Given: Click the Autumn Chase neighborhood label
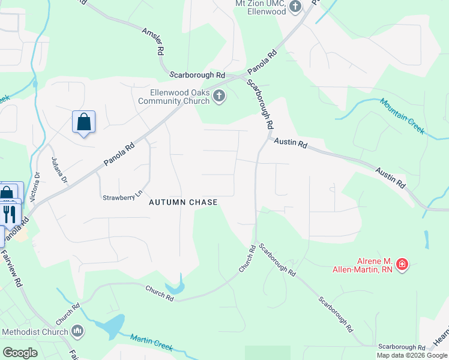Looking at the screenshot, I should click(x=183, y=202).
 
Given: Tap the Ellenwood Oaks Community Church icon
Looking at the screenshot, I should click(x=220, y=96).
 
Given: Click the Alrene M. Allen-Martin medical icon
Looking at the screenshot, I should click(x=402, y=264).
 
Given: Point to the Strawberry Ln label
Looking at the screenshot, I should click(x=124, y=197).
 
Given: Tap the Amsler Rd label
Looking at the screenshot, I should click(x=154, y=42).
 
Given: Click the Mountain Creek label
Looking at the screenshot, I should click(x=402, y=112).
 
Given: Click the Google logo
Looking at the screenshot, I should click(x=20, y=353).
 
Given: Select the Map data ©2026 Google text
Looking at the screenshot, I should click(x=412, y=355).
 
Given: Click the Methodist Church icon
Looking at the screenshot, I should click(x=77, y=331).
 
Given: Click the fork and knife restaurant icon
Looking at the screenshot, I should click(x=9, y=214).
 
